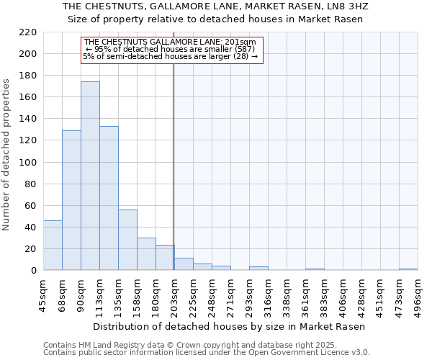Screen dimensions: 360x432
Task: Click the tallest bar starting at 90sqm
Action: pos(90,176)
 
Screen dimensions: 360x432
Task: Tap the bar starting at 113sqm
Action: pos(109,198)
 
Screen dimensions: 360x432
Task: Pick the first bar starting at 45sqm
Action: pos(53,246)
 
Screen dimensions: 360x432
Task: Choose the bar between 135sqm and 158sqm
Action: pos(127,240)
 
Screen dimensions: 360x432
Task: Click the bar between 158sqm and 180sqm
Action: pos(146,254)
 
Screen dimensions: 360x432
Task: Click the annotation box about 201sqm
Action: pos(170,49)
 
